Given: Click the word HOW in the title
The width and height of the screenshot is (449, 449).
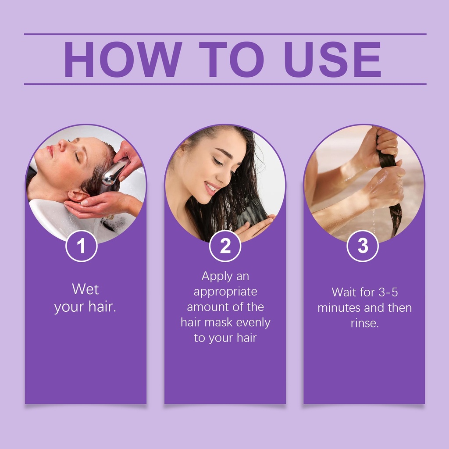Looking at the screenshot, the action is tap(123, 59).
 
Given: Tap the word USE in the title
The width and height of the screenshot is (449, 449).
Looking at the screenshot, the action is tap(332, 59).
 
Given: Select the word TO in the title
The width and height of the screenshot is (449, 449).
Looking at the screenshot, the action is tap(232, 59).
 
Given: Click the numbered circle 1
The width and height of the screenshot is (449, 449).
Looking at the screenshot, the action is tap(81, 246).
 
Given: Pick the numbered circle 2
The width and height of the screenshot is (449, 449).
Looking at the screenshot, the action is tap(225, 246).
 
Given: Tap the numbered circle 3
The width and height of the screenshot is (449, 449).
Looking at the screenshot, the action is tap(363, 246).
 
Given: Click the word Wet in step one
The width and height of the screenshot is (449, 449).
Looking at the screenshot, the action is tap(86, 289).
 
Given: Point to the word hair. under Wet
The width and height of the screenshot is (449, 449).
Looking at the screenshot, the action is tap(102, 306).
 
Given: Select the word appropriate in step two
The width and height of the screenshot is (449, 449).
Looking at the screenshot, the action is tap(225, 292).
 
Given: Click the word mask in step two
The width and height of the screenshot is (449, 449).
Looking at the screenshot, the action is tap(218, 322).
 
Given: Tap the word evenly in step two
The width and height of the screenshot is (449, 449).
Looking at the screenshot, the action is tap(253, 323).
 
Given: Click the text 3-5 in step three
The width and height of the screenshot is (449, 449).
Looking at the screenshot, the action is tap(388, 292).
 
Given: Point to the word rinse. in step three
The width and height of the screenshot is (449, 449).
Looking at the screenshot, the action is tap(365, 323).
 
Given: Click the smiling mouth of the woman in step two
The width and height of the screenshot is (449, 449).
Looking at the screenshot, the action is tap(211, 188).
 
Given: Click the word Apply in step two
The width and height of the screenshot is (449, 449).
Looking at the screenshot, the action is tap(213, 276).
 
